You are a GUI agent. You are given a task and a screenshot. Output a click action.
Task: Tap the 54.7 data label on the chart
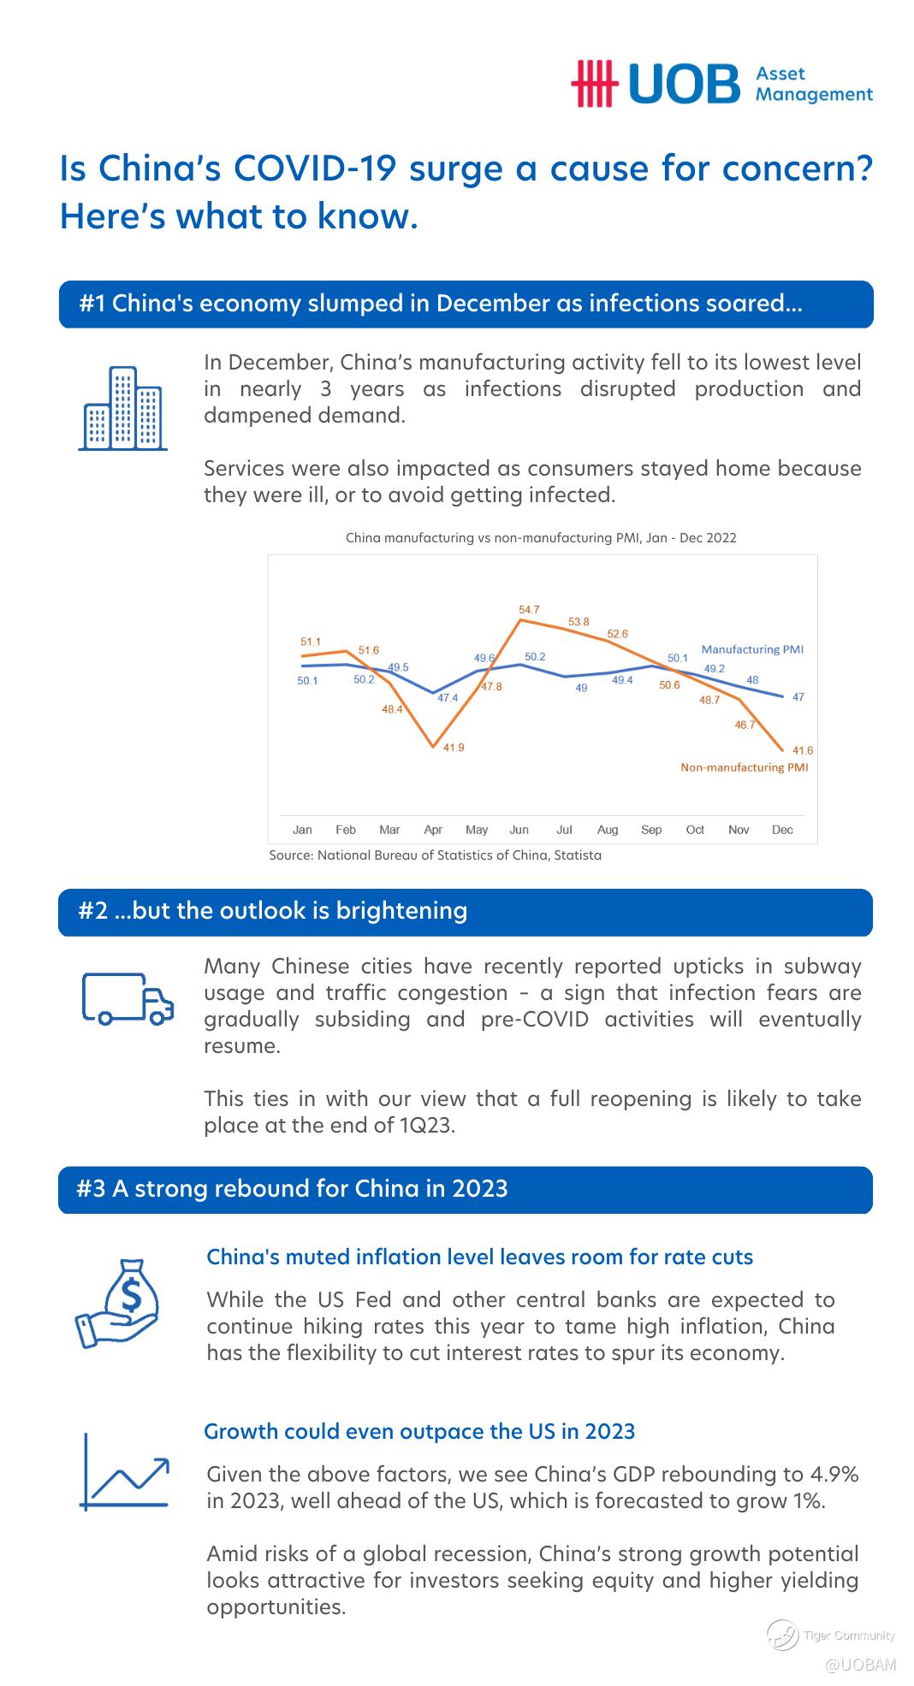(x=529, y=610)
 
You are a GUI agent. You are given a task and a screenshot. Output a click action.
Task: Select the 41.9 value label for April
(x=454, y=748)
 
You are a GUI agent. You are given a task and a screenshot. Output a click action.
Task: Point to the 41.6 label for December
(x=803, y=750)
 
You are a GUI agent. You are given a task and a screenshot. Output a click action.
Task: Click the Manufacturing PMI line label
(x=752, y=649)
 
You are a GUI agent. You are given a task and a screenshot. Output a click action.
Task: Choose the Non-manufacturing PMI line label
(x=744, y=767)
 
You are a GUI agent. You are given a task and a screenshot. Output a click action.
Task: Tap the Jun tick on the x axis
(x=519, y=830)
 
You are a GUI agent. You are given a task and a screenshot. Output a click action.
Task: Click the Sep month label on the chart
(x=651, y=830)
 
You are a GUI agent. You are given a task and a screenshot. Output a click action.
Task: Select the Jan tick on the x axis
(x=302, y=830)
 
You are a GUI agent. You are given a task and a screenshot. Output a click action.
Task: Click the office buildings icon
(x=122, y=408)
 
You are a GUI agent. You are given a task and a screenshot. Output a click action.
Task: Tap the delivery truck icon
(x=128, y=998)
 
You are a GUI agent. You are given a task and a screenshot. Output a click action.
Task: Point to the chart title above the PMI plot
(x=541, y=538)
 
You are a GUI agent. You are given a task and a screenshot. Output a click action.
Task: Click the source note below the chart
(x=435, y=855)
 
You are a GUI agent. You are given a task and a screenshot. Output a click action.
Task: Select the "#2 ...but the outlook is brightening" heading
(x=273, y=910)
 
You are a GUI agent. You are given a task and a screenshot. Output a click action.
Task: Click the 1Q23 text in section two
(x=425, y=1125)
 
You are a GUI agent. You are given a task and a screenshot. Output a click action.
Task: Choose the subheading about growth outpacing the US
(x=419, y=1431)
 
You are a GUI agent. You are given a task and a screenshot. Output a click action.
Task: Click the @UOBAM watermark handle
(x=861, y=1665)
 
